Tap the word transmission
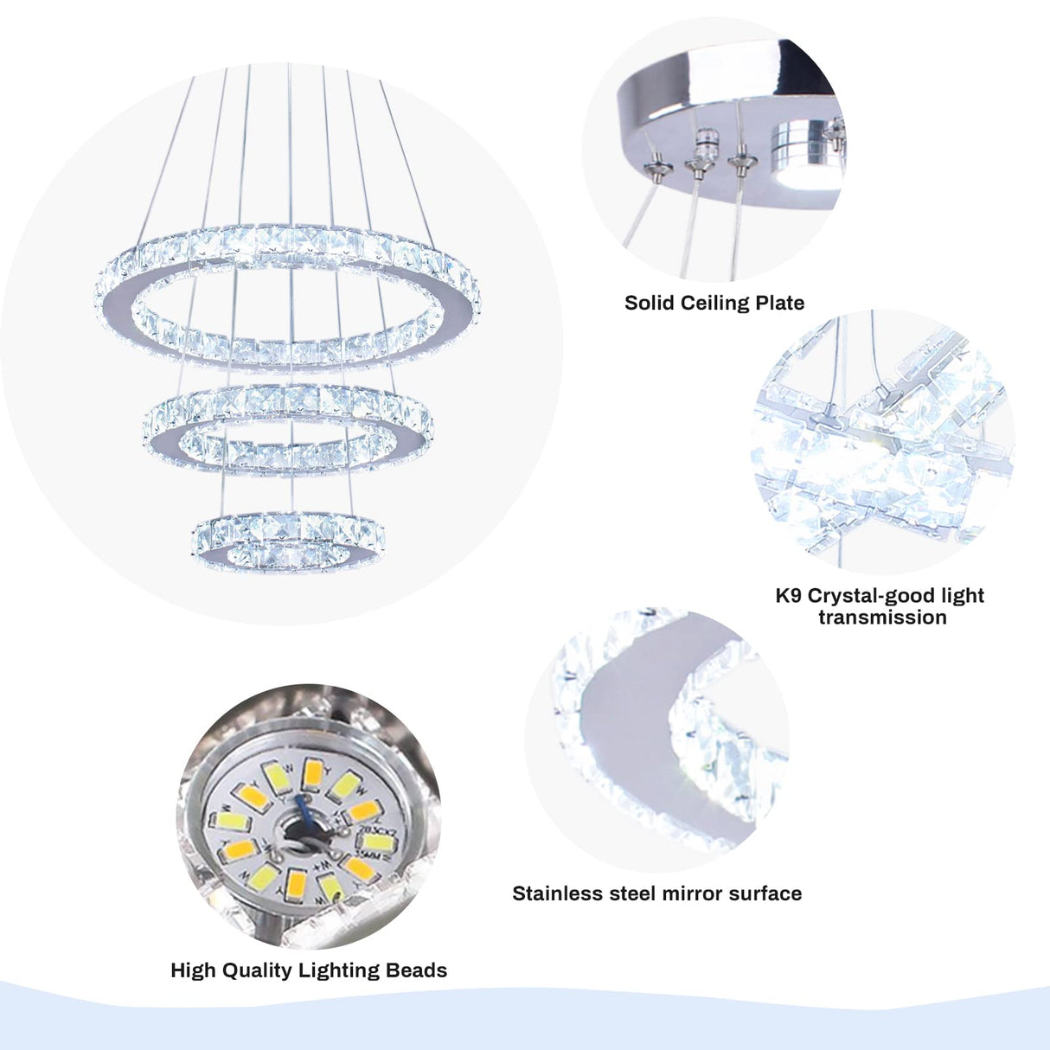[x=882, y=618]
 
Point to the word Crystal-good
[x=870, y=596]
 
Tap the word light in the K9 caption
[x=962, y=596]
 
